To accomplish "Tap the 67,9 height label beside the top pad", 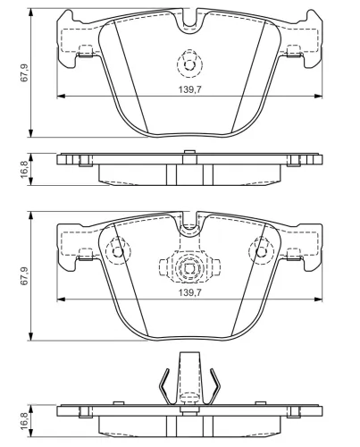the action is (x=24, y=72).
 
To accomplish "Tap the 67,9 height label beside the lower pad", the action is (x=24, y=276).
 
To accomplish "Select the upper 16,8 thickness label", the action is (x=24, y=169).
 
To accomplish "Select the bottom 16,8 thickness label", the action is (x=24, y=420).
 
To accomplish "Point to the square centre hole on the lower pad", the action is (x=189, y=269).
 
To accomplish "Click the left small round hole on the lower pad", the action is (x=118, y=252).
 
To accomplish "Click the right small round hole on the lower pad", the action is (x=262, y=252).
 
